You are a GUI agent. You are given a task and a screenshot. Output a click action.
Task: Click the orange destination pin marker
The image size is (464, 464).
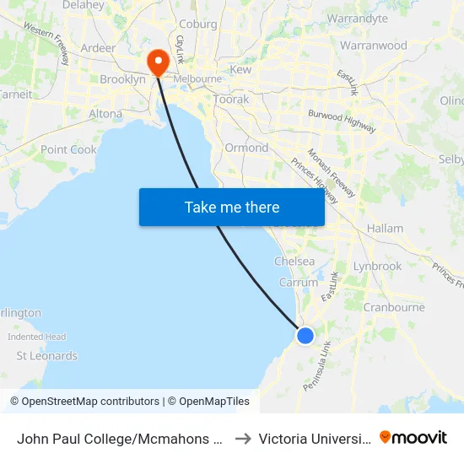click(x=157, y=62)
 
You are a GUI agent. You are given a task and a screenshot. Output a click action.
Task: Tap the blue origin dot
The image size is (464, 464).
click(x=305, y=336)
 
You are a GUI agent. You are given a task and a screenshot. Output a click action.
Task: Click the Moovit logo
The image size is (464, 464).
click(x=413, y=438)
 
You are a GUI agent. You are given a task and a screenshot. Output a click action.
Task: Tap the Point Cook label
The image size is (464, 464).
click(x=69, y=149)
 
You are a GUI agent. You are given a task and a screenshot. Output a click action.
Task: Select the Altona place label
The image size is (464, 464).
click(x=105, y=114)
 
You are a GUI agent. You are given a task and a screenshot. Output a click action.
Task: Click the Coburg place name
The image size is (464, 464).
click(x=199, y=24)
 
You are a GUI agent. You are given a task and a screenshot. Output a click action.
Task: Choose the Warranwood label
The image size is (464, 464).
click(x=374, y=46)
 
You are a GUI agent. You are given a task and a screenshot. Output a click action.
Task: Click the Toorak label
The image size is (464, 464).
click(x=231, y=99)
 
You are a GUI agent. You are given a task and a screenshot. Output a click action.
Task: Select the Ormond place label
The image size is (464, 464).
click(x=246, y=148)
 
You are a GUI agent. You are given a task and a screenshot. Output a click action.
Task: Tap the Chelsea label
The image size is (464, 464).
click(x=294, y=262)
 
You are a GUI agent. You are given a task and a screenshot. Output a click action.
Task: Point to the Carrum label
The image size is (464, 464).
click(x=299, y=283)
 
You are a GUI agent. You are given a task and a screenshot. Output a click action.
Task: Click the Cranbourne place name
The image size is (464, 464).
click(x=394, y=307)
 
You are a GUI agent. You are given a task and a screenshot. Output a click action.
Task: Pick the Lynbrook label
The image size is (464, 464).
click(x=377, y=266)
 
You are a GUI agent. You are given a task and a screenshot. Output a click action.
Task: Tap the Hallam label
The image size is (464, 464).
click(x=385, y=228)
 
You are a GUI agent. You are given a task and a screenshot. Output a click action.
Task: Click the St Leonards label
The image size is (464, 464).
click(x=47, y=356)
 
